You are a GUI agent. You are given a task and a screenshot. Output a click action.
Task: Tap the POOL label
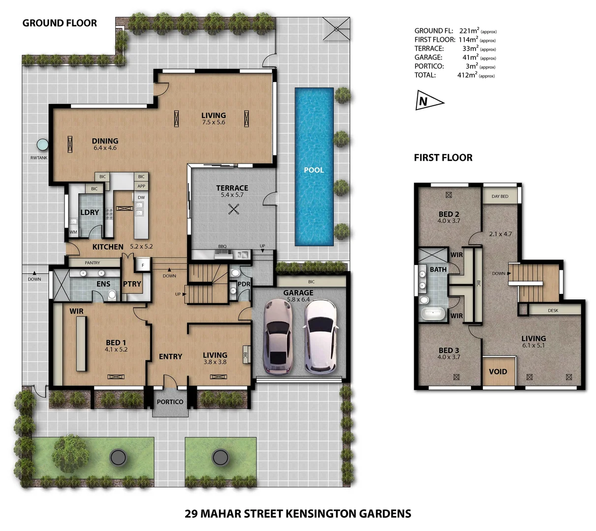pyautogui.click(x=314, y=170)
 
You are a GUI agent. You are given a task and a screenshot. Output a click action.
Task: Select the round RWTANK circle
pyautogui.click(x=43, y=145)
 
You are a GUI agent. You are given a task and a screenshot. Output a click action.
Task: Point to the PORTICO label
pyautogui.click(x=170, y=402)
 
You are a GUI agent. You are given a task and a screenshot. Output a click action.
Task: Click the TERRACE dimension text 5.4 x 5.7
pyautogui.click(x=232, y=195)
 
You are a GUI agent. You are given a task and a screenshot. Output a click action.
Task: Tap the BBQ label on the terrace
pyautogui.click(x=222, y=246)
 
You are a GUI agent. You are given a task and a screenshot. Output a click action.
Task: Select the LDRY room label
pyautogui.click(x=90, y=212)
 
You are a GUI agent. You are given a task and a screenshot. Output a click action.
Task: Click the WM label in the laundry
pyautogui.click(x=73, y=232)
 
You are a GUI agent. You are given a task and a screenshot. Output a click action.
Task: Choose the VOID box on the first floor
pyautogui.click(x=498, y=372)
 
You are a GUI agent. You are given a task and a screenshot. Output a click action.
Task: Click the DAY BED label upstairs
pyautogui.click(x=500, y=196)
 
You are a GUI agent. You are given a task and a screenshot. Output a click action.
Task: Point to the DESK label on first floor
pyautogui.click(x=553, y=311)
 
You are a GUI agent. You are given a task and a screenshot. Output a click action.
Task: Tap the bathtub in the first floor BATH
pyautogui.click(x=432, y=313)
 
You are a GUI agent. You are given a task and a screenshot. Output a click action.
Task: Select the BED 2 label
pyautogui.click(x=448, y=214)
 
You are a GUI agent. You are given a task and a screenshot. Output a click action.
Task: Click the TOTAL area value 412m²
pyautogui.click(x=467, y=75)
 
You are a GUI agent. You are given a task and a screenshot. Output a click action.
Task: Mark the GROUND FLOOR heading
pyautogui.click(x=60, y=23)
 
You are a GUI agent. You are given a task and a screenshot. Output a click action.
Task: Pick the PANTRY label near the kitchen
pyautogui.click(x=92, y=263)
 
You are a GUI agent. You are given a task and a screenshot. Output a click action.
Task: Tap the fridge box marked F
pyautogui.click(x=143, y=265)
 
